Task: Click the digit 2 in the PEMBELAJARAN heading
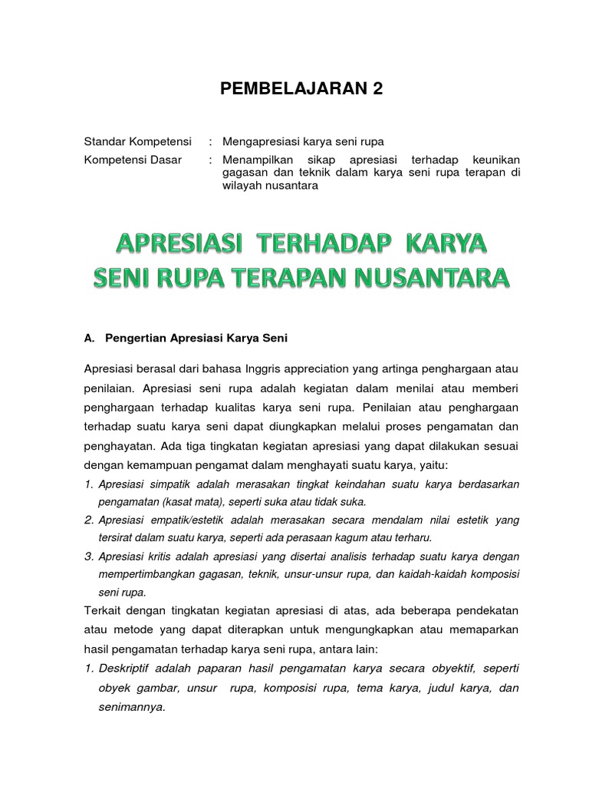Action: point(376,90)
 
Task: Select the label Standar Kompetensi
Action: point(130,142)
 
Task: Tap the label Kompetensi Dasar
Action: point(122,160)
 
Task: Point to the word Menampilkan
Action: point(255,160)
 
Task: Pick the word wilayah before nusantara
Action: point(240,186)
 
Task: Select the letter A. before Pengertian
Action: point(89,337)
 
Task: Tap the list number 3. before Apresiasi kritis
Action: point(88,556)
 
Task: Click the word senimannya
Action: point(130,707)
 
